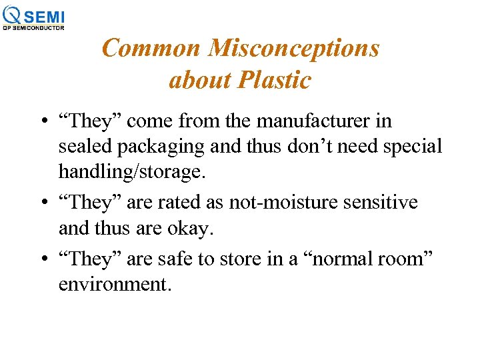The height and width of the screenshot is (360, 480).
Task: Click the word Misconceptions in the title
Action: (x=293, y=48)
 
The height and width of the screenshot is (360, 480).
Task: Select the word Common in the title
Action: (x=151, y=48)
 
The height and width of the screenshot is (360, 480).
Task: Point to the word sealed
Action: (x=82, y=147)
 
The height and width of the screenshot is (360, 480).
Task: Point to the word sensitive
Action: (x=382, y=202)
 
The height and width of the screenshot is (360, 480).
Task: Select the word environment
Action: (x=115, y=284)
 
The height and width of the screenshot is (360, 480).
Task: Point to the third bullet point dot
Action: (x=42, y=259)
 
